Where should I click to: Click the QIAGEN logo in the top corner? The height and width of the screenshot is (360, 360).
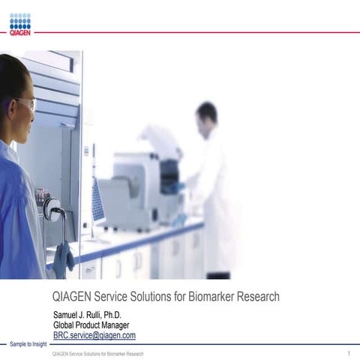coord(20,24)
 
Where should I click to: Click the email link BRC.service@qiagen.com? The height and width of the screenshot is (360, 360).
coord(94,335)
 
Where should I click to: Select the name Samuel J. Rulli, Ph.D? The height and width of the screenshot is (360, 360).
coord(87,313)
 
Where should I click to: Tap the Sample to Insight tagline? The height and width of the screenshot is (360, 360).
coord(28,344)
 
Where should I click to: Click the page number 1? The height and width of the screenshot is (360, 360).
coord(349,352)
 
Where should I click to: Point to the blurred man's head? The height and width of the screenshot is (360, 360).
coord(206,114)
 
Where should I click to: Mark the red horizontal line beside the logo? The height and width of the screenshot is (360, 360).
coord(195,32)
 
